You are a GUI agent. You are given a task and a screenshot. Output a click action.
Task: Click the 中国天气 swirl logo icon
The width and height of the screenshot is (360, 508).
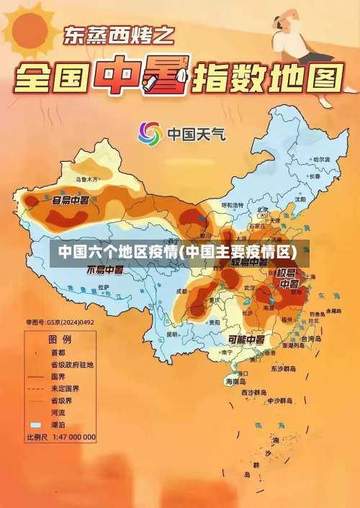150,133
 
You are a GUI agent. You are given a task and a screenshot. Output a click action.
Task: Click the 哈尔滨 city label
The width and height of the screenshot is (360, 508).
321,158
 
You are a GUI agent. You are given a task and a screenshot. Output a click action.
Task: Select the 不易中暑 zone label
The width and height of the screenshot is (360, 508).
105,271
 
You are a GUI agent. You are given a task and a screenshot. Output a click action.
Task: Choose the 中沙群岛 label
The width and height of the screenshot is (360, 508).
278,400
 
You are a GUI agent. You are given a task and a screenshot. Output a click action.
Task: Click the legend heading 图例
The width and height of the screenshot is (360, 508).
59,337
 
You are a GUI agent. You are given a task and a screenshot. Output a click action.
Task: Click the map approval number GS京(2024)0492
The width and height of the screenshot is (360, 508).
60,322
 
